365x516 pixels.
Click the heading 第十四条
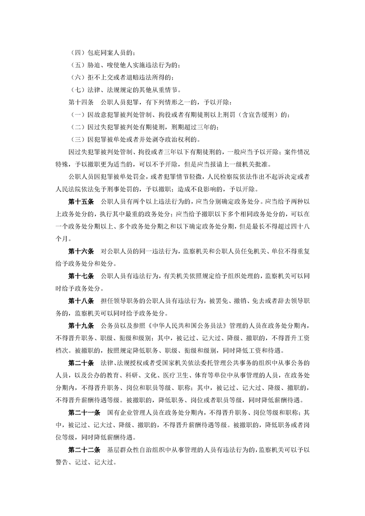(80, 101)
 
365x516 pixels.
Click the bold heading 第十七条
(81, 277)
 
